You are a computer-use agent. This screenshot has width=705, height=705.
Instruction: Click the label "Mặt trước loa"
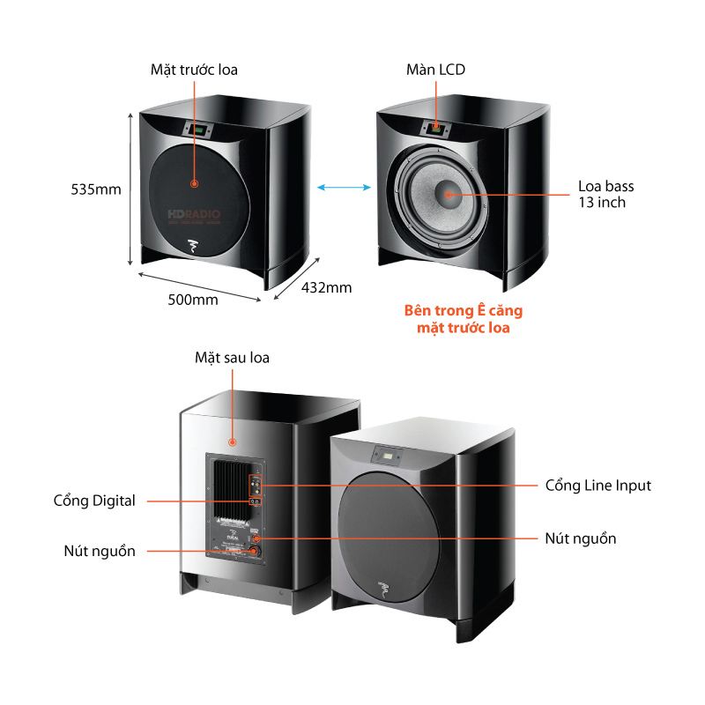(x=193, y=69)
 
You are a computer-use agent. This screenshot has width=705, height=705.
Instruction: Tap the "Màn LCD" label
(x=435, y=69)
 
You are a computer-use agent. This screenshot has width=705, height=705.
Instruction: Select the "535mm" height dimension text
(x=96, y=189)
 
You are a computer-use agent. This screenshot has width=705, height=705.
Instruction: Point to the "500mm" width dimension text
(x=193, y=300)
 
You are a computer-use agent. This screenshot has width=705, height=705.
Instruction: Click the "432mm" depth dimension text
(x=326, y=287)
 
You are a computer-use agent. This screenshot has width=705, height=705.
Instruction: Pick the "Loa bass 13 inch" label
(x=605, y=194)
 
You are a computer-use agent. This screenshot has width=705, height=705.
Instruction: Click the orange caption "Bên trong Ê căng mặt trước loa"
(x=456, y=319)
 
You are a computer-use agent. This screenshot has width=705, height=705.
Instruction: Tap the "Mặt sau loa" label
(x=232, y=358)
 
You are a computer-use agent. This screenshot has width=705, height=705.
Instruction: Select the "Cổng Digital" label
(x=94, y=501)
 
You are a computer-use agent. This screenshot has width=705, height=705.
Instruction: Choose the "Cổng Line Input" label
(x=598, y=486)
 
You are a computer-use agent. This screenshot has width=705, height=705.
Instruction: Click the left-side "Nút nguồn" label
(x=100, y=551)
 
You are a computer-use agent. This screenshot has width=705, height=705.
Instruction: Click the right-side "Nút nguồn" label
(x=581, y=538)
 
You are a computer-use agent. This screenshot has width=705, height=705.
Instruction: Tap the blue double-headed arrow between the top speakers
(x=344, y=186)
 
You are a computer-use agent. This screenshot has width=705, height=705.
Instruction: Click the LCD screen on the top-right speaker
(x=435, y=129)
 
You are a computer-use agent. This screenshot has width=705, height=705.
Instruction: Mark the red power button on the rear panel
(x=256, y=551)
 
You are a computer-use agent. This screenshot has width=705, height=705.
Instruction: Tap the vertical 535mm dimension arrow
(x=131, y=189)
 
